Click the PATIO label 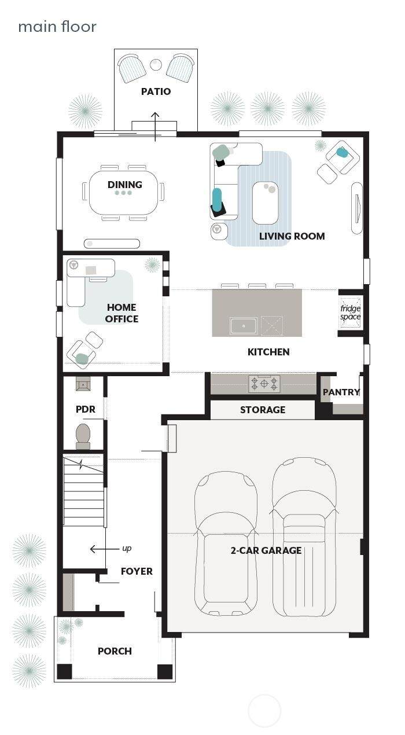pos(156,91)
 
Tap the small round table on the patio pos(156,64)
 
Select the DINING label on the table pos(125,185)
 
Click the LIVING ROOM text pos(292,236)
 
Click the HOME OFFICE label pos(122,313)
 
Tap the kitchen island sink pos(244,326)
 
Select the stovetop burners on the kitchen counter pos(264,384)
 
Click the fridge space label pos(350,313)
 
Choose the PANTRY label pos(341,392)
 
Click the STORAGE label pos(263,410)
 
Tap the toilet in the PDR pos(83,436)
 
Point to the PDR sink pos(83,384)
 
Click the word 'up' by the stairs pos(127,548)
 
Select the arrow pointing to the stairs pos(104,549)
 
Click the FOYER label pos(137,571)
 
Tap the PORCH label pos(115,651)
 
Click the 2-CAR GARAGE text pos(266,550)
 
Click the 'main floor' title pos(57,27)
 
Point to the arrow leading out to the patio pos(156,127)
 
